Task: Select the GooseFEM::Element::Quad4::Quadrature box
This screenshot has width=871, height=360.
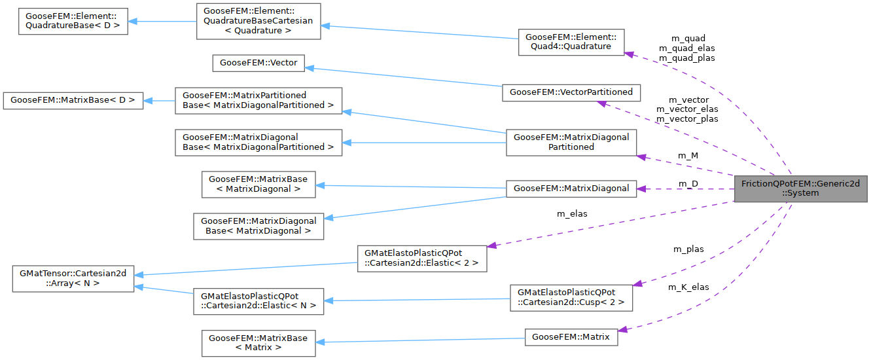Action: click(x=571, y=42)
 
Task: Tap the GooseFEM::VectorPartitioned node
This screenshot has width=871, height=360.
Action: click(x=571, y=92)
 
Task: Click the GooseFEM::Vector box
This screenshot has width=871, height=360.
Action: click(x=259, y=63)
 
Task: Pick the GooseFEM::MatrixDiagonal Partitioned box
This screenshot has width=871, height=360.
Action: click(x=571, y=142)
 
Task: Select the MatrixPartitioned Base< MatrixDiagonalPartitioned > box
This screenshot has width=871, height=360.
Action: click(x=258, y=100)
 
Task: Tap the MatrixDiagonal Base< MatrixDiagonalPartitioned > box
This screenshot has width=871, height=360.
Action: click(x=258, y=142)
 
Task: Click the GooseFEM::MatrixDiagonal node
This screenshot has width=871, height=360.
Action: click(x=571, y=189)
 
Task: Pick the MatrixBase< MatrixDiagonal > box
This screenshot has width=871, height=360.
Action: click(x=258, y=184)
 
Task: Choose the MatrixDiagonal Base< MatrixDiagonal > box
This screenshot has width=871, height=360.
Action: click(x=258, y=226)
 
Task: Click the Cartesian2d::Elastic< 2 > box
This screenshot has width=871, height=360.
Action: click(x=421, y=259)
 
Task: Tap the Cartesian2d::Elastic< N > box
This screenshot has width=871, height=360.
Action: click(x=258, y=300)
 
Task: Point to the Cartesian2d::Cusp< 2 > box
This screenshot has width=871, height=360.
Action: click(x=571, y=298)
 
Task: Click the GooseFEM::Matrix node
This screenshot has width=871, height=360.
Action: click(x=571, y=337)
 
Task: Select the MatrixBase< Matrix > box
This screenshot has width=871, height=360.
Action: click(x=258, y=342)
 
